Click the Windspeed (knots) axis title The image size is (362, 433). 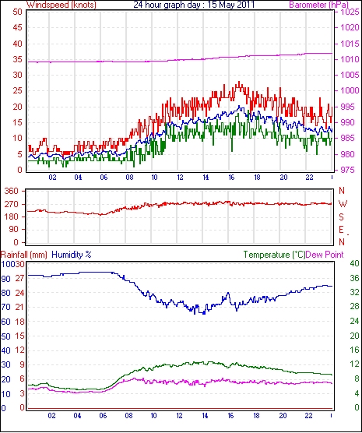pyautogui.click(x=61, y=5)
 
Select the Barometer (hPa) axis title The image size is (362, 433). pyautogui.click(x=318, y=5)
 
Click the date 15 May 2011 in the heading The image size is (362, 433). pyautogui.click(x=231, y=5)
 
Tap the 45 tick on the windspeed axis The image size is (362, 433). pyautogui.click(x=18, y=27)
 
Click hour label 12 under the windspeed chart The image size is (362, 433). pyautogui.click(x=180, y=178)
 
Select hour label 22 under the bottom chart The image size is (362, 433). pyautogui.click(x=308, y=416)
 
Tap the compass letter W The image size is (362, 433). pyautogui.click(x=343, y=204)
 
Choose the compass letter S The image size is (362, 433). pyautogui.click(x=342, y=217)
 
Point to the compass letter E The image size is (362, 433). pyautogui.click(x=342, y=230)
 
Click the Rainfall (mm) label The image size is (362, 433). pyautogui.click(x=24, y=255)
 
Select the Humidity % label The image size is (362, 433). pyautogui.click(x=72, y=255)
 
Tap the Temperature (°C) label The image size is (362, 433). pyautogui.click(x=274, y=255)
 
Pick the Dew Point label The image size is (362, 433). pyautogui.click(x=325, y=255)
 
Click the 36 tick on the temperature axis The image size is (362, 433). pyautogui.click(x=354, y=278)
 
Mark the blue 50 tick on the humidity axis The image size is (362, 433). pyautogui.click(x=5, y=336)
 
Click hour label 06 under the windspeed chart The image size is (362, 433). pyautogui.click(x=104, y=178)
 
